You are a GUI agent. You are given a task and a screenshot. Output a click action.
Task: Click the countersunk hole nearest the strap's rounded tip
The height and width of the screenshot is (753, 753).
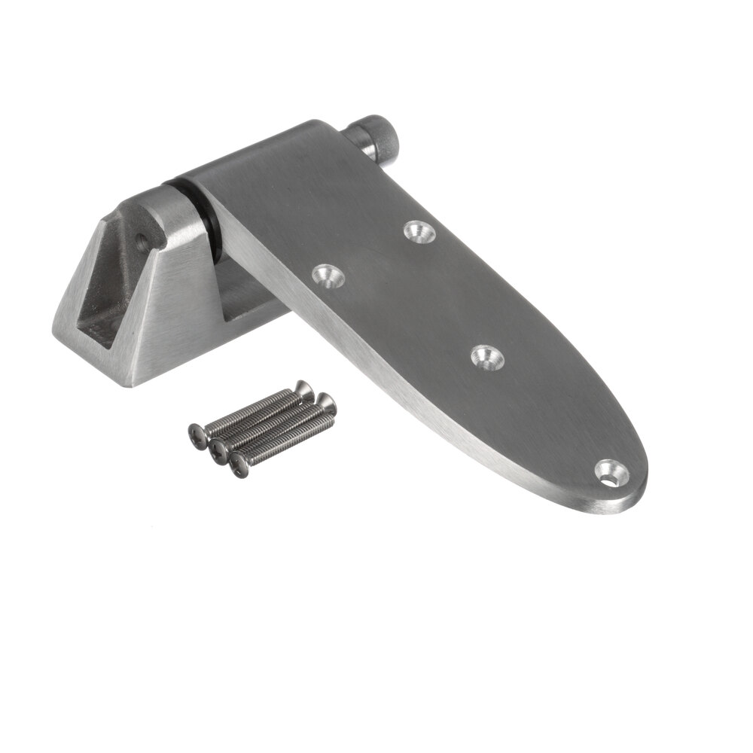611,472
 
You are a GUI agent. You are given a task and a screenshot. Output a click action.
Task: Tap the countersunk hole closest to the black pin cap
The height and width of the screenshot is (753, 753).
419,231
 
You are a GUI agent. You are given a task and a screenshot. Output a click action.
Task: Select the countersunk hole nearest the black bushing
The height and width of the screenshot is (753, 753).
328,276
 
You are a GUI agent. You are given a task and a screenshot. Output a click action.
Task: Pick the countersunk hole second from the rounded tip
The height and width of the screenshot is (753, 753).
487,356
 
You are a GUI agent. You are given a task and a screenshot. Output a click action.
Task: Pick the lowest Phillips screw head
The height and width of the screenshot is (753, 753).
239,465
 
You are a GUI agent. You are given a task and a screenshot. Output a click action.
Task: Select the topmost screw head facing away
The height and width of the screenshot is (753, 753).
303,389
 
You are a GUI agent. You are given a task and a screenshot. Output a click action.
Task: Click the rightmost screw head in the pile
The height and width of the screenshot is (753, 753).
326,404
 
